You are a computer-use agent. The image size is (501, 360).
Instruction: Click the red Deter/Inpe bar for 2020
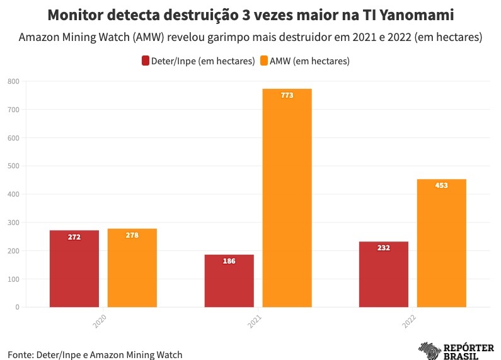(x=74, y=269)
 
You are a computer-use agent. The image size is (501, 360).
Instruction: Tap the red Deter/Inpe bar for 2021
(x=229, y=281)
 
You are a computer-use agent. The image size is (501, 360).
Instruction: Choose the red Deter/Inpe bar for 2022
(x=384, y=274)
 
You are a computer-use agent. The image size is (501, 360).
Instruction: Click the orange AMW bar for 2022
(x=442, y=243)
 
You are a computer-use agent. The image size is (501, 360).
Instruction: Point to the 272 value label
(x=74, y=237)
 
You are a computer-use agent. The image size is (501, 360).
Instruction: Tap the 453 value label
(x=442, y=185)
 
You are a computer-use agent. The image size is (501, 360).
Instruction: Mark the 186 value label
(x=229, y=261)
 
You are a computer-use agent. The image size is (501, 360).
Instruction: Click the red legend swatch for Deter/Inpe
(x=146, y=61)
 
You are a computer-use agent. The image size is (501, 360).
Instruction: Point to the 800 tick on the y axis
(x=13, y=81)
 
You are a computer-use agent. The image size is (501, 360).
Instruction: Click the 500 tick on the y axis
(x=13, y=166)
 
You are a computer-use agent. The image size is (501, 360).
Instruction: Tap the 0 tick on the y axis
(x=17, y=308)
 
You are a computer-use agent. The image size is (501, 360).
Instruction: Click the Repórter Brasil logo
(x=457, y=351)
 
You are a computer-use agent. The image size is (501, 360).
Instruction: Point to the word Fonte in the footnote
(x=20, y=354)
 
